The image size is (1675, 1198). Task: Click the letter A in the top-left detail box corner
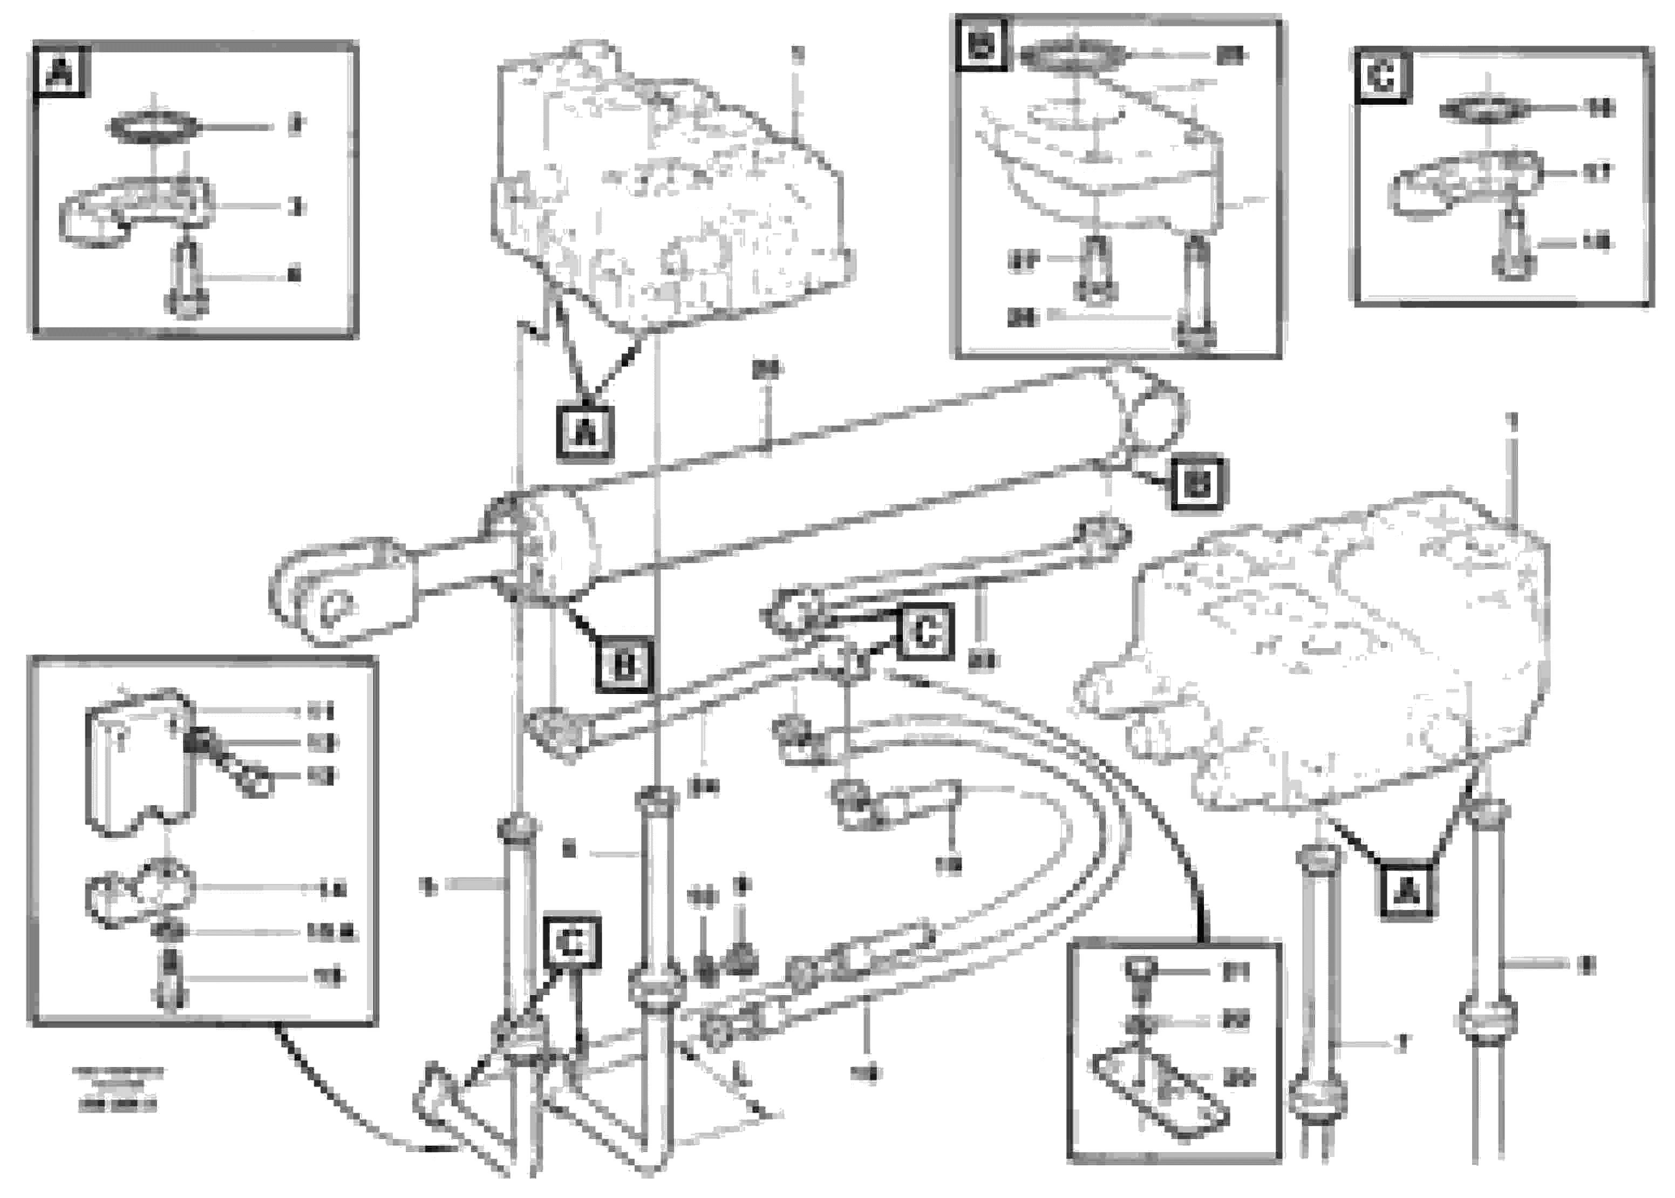pos(60,72)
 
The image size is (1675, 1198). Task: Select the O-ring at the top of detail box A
pos(153,127)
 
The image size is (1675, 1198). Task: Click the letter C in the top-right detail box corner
pos(1381,76)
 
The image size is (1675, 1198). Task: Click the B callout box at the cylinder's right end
pos(1196,484)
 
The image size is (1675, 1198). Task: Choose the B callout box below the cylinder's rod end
pos(623,665)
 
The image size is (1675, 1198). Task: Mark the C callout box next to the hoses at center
pos(925,631)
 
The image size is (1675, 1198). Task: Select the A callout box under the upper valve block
pos(585,432)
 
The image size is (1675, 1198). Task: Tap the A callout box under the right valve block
pos(1406,892)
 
